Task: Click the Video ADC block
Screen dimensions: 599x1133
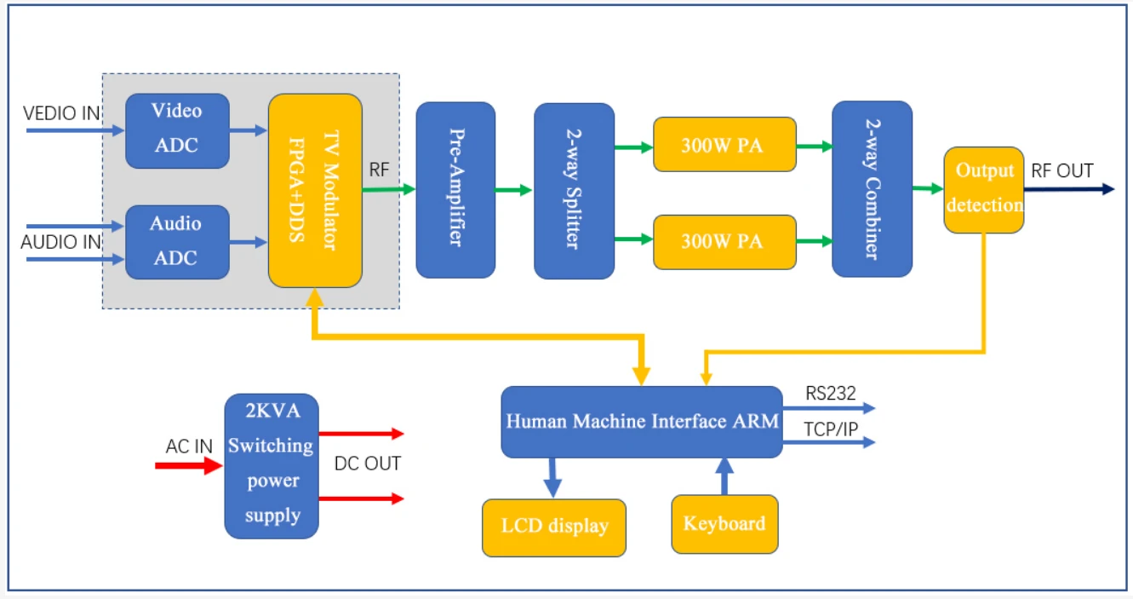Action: (x=177, y=130)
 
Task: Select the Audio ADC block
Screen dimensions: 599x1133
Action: (x=177, y=242)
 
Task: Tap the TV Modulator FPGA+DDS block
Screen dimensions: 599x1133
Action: (x=315, y=190)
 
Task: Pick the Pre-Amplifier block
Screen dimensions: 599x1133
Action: (x=455, y=190)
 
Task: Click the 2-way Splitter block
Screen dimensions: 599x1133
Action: (x=574, y=191)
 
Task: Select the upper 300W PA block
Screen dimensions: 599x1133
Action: (x=724, y=145)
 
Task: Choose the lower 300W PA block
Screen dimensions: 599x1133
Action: (x=724, y=242)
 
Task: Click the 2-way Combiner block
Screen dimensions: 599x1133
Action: (x=872, y=189)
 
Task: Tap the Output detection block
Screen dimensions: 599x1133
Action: (x=983, y=189)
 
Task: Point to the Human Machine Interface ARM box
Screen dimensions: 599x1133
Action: (x=641, y=422)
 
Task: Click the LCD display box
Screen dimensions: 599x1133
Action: (x=553, y=527)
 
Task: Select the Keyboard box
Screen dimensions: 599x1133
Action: (x=724, y=524)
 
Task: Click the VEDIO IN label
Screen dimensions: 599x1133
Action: (x=61, y=113)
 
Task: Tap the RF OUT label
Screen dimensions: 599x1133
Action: (x=1061, y=171)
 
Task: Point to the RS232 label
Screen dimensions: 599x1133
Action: (x=830, y=394)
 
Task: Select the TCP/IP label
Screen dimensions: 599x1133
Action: (x=831, y=429)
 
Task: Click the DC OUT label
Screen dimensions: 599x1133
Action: (x=367, y=464)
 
